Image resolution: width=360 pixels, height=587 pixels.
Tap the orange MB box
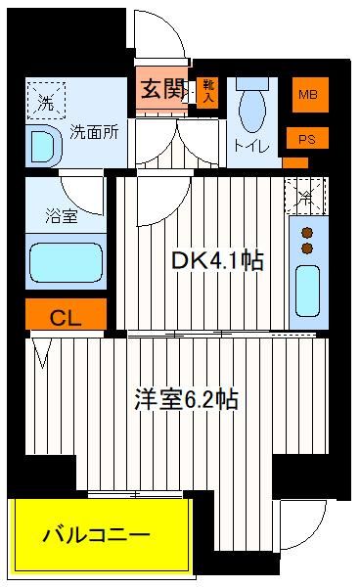pos(310,95)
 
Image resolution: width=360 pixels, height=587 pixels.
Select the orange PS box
pos(307,138)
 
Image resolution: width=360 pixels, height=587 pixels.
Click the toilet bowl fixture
pos(252,106)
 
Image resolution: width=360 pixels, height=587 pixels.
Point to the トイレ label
pos(251,145)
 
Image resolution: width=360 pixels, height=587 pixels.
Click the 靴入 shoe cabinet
pos(207,92)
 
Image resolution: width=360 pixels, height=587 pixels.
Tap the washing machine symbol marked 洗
pos(46,101)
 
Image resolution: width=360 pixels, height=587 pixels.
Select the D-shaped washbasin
pos(44,146)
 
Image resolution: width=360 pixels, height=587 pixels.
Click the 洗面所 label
pos(94,132)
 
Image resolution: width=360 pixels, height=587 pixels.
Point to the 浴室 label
pos(62,216)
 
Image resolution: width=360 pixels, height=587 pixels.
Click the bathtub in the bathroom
pos(66,262)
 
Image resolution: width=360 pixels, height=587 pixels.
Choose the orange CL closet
pos(66,314)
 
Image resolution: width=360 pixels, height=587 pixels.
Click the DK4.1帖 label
pos(217,260)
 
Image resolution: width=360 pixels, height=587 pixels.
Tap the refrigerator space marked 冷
pos(306,196)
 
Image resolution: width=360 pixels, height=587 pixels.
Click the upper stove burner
pos(307,233)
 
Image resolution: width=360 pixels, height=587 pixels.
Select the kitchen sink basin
pos(307,291)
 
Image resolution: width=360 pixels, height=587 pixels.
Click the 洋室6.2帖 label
pos(186,399)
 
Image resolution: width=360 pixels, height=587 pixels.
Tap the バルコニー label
pos(96,534)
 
